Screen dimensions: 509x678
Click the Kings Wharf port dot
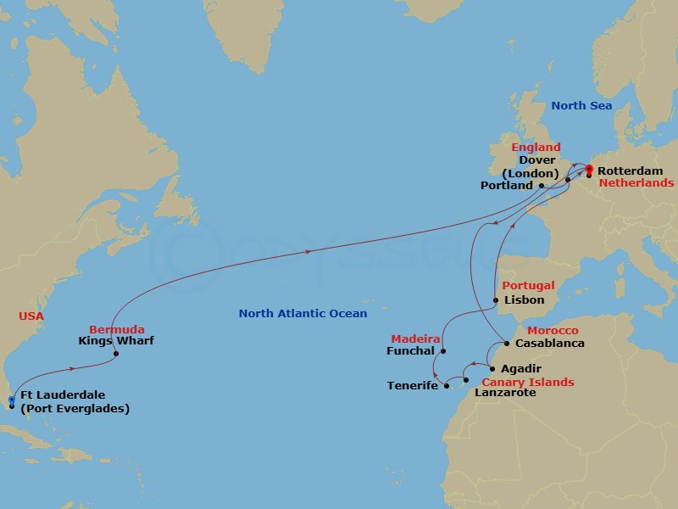pyautogui.click(x=115, y=354)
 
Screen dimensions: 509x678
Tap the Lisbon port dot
pyautogui.click(x=496, y=299)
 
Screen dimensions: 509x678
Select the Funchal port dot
pyautogui.click(x=442, y=350)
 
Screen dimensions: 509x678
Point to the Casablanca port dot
pyautogui.click(x=507, y=344)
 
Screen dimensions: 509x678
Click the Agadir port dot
pyautogui.click(x=492, y=369)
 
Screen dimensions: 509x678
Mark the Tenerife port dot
pyautogui.click(x=446, y=386)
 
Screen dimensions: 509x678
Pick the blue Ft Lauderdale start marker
pyautogui.click(x=11, y=400)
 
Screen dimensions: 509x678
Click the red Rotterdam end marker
pyautogui.click(x=588, y=169)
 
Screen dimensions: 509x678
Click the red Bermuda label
pyautogui.click(x=117, y=329)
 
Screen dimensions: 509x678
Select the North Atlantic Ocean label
pyautogui.click(x=303, y=314)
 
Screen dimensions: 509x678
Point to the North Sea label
pyautogui.click(x=581, y=106)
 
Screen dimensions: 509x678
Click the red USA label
pyautogui.click(x=31, y=316)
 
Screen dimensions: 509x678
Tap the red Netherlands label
pyautogui.click(x=636, y=182)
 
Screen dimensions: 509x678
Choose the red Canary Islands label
pyautogui.click(x=527, y=382)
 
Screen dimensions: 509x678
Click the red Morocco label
pyautogui.click(x=553, y=330)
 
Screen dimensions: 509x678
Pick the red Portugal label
pyautogui.click(x=529, y=286)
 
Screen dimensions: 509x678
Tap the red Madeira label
pyautogui.click(x=415, y=338)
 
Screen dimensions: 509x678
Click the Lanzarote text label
pyautogui.click(x=506, y=393)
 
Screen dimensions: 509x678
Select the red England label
pyautogui.click(x=536, y=148)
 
